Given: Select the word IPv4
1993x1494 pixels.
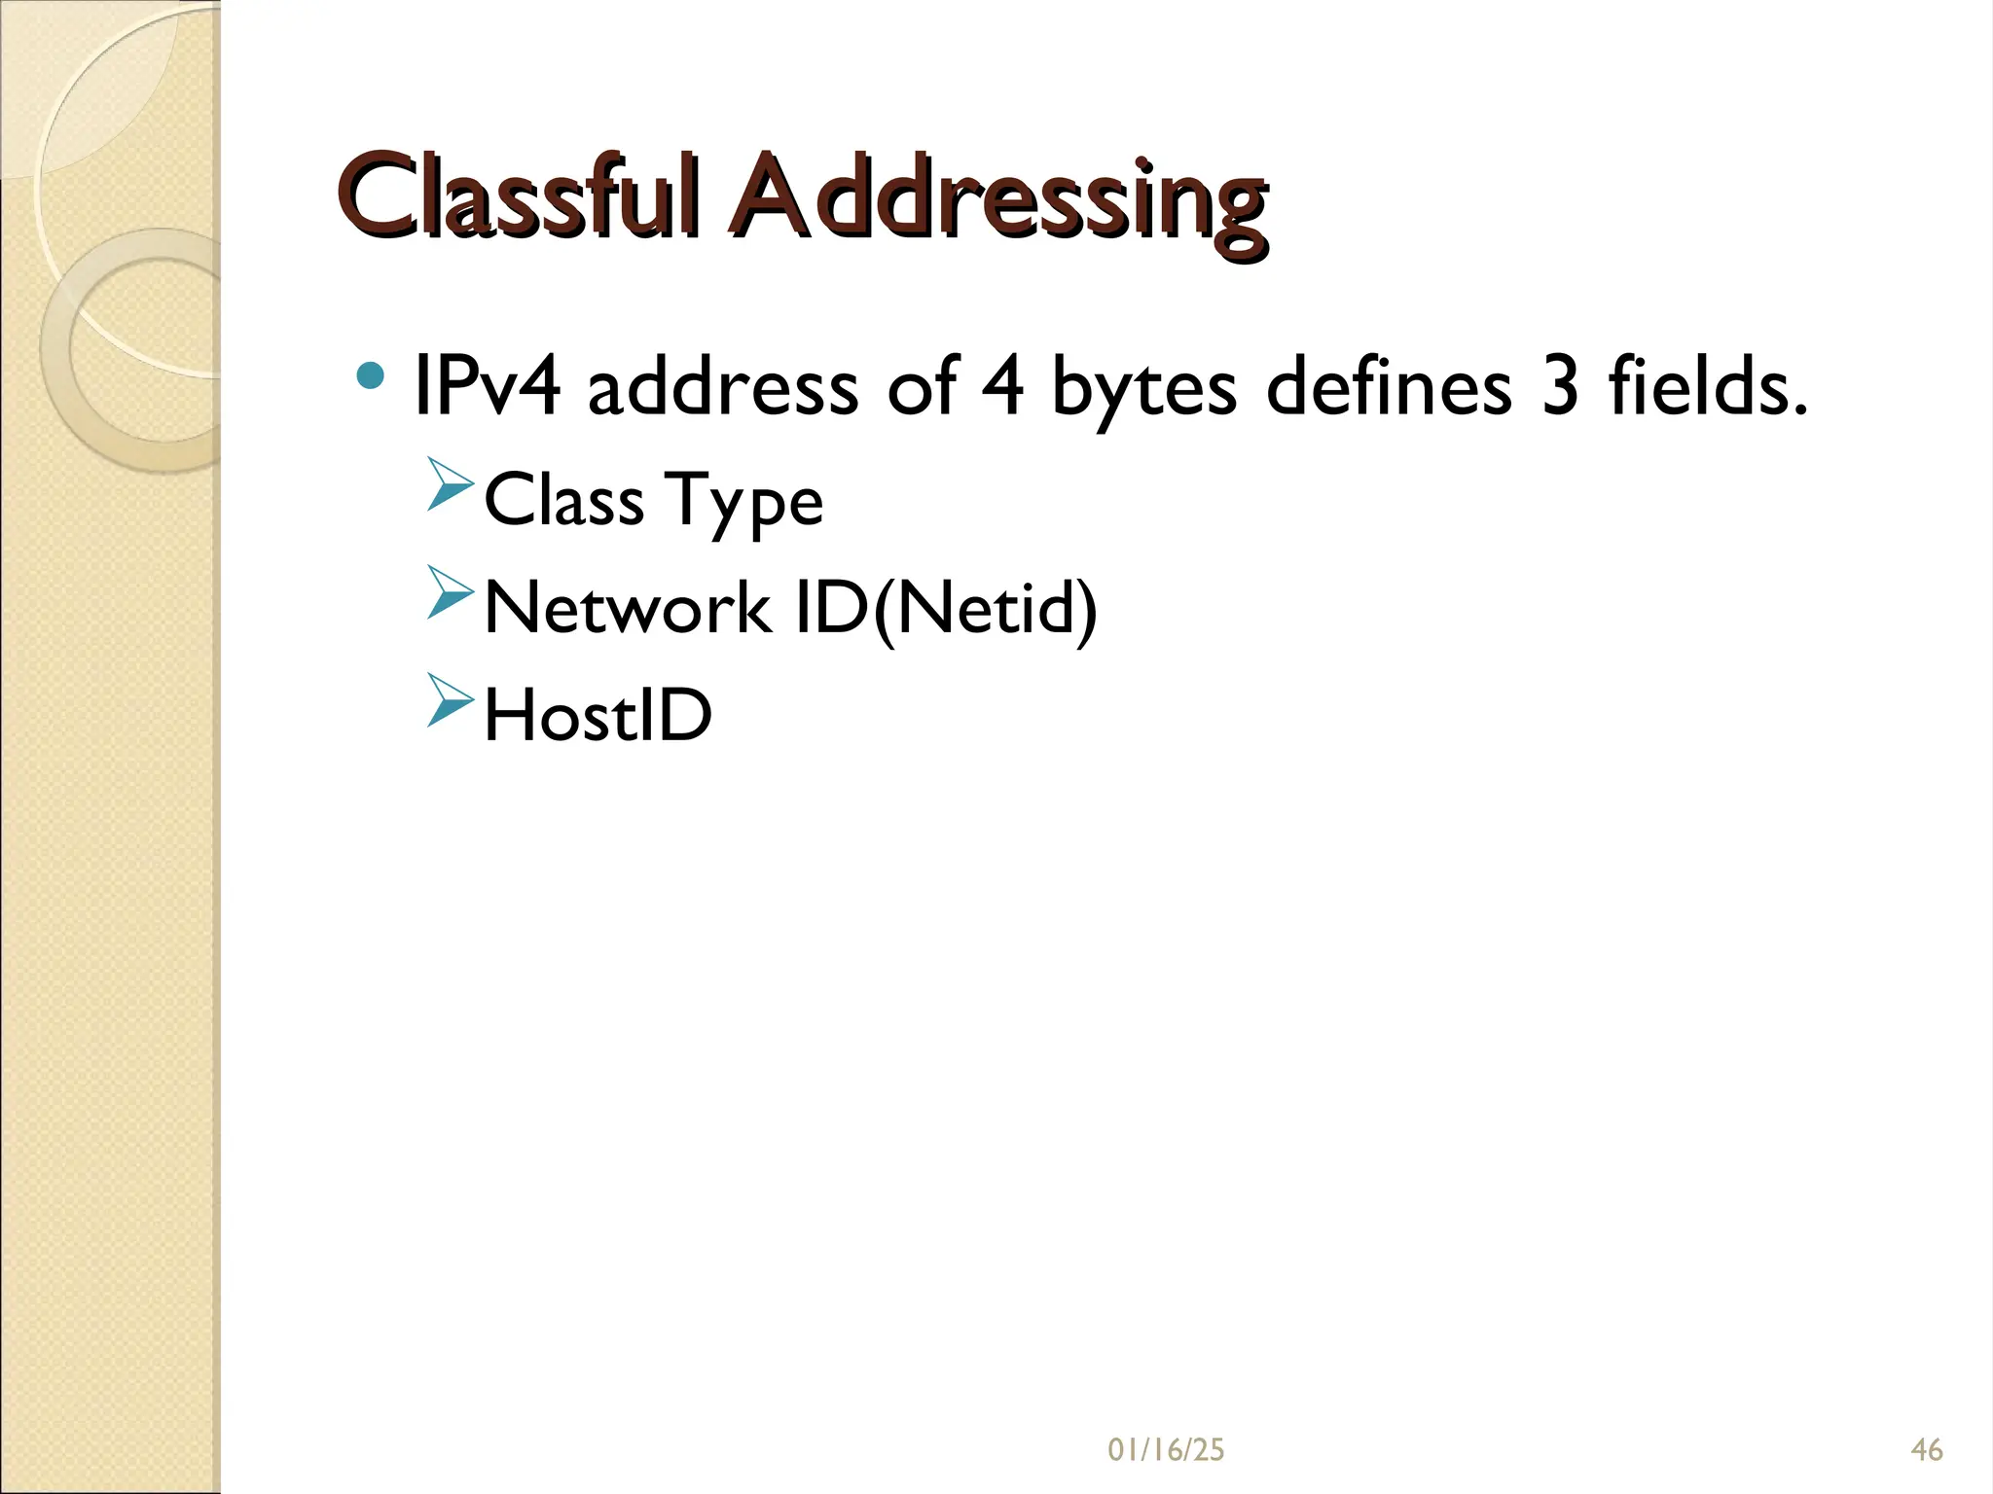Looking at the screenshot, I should (x=487, y=386).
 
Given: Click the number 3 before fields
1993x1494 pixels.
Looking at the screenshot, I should (x=1561, y=386).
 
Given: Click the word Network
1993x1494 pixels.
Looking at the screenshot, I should (x=627, y=608).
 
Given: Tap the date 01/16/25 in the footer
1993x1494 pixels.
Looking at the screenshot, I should (x=1166, y=1450).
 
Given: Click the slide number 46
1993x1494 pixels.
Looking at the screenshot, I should (x=1927, y=1450).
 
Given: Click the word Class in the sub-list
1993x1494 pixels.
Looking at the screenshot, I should (x=563, y=501).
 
